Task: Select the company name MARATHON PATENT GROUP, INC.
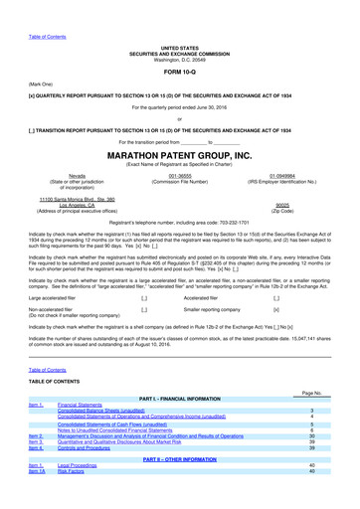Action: pyautogui.click(x=179, y=156)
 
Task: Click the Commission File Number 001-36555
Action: pyautogui.click(x=179, y=175)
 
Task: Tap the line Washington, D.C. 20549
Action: pyautogui.click(x=179, y=57)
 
